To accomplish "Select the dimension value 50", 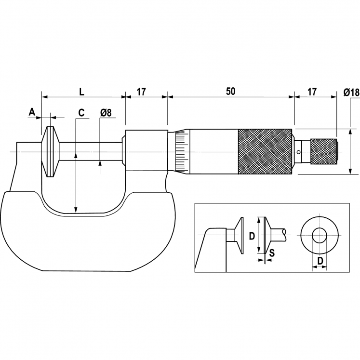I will [x=230, y=91].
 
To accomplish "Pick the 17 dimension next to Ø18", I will [x=312, y=91].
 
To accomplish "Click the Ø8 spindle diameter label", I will [x=106, y=113].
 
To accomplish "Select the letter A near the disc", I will [x=32, y=112].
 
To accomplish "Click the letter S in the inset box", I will [x=272, y=252].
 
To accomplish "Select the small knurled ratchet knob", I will [x=324, y=151].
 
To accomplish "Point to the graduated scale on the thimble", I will [x=181, y=151].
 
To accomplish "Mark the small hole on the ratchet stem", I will [x=299, y=152].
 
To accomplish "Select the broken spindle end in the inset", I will [x=286, y=232].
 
